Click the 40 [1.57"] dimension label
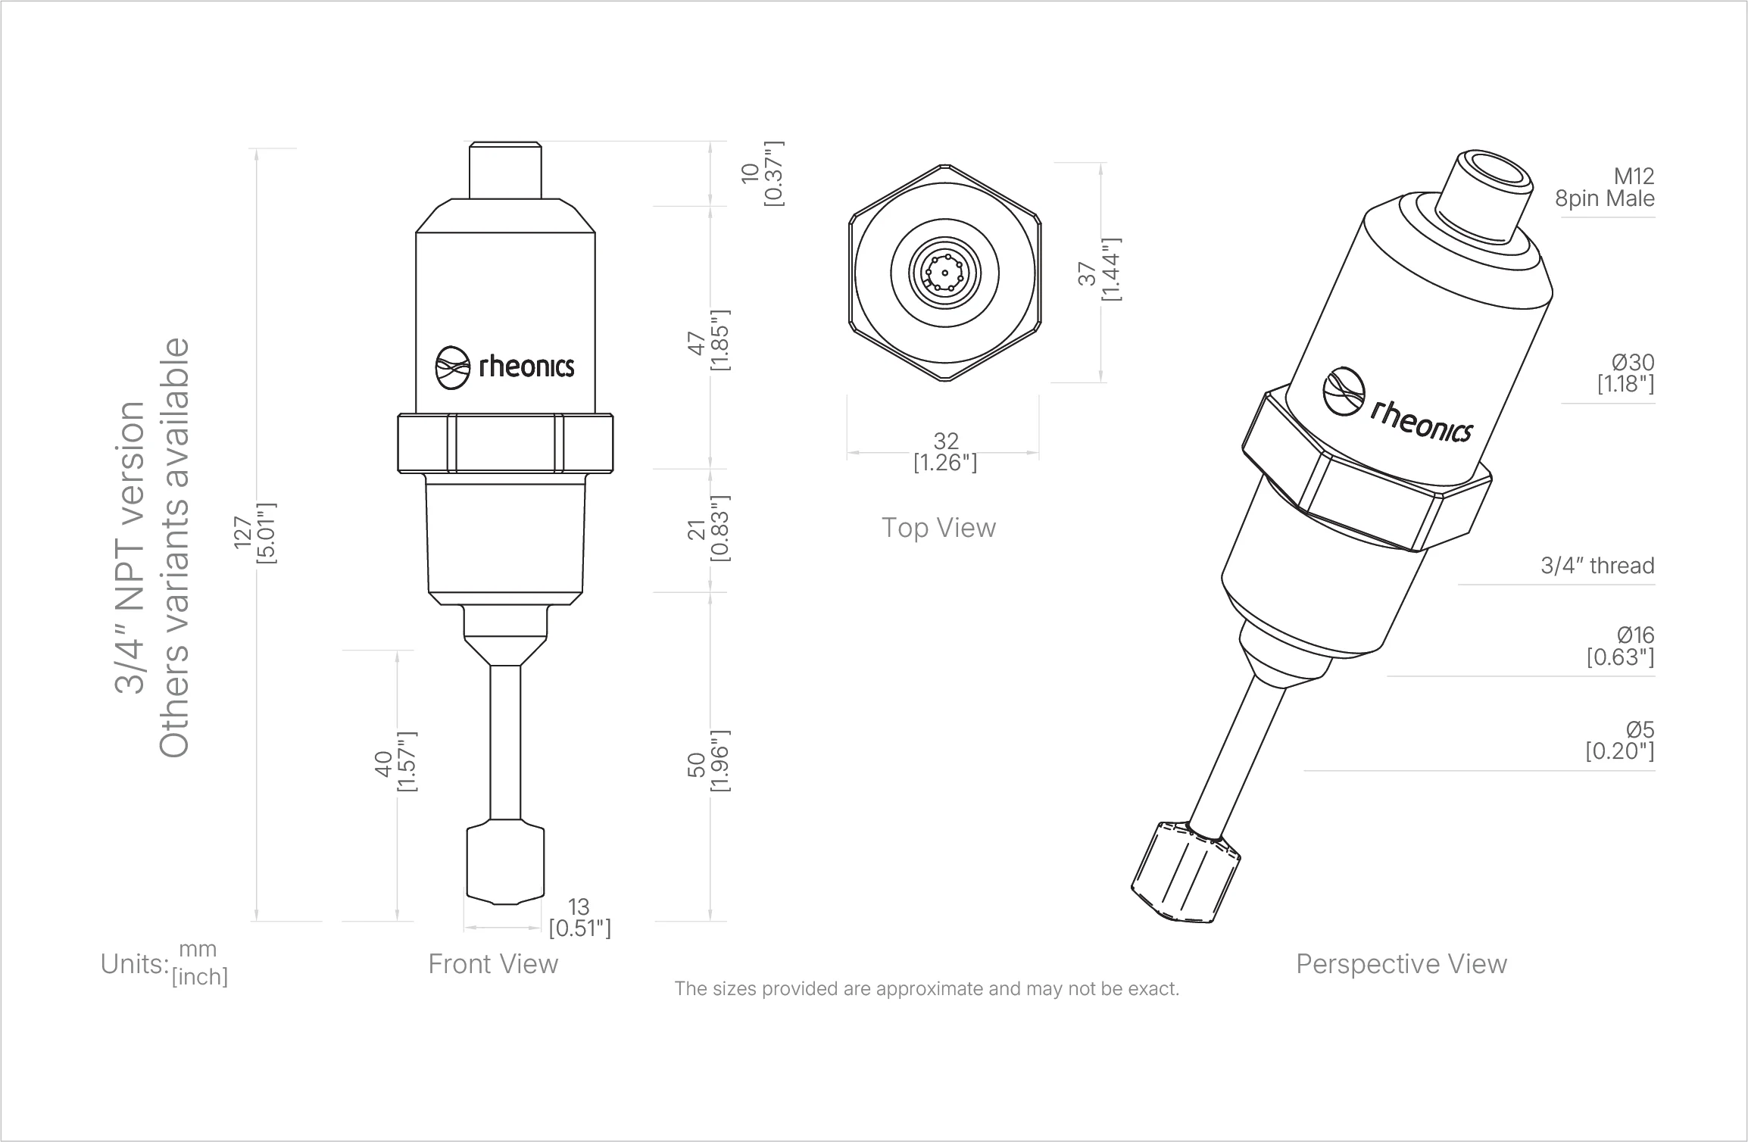pyautogui.click(x=396, y=762)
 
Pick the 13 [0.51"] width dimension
pyautogui.click(x=579, y=917)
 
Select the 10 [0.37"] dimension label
pyautogui.click(x=763, y=173)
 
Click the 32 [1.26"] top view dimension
pyautogui.click(x=945, y=452)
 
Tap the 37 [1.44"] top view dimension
pyautogui.click(x=1100, y=270)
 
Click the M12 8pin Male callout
pyautogui.click(x=1604, y=188)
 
